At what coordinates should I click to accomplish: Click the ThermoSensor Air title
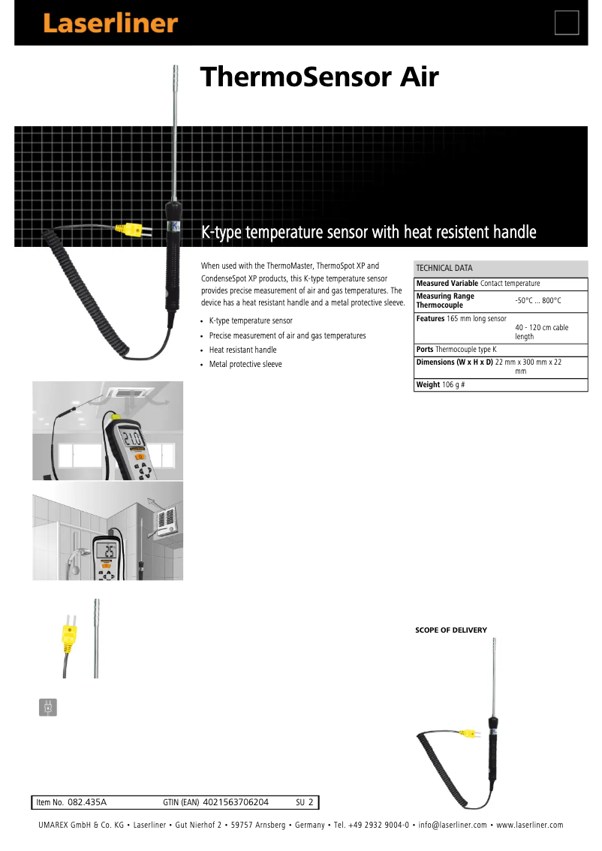pyautogui.click(x=318, y=77)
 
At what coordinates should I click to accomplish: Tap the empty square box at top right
pyautogui.click(x=567, y=23)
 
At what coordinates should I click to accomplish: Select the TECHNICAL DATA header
pyautogui.click(x=444, y=268)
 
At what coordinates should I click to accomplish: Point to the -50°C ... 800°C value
pyautogui.click(x=538, y=300)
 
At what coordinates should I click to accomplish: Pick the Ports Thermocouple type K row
pyautogui.click(x=456, y=350)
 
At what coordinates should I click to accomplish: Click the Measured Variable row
pyautogui.click(x=478, y=283)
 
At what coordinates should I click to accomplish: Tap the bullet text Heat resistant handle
pyautogui.click(x=242, y=350)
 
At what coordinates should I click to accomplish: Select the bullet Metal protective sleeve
pyautogui.click(x=245, y=364)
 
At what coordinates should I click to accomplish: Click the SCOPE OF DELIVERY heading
pyautogui.click(x=451, y=630)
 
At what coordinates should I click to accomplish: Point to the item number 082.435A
pyautogui.click(x=87, y=802)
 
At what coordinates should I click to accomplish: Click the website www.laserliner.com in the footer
pyautogui.click(x=529, y=825)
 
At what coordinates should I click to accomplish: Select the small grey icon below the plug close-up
pyautogui.click(x=47, y=707)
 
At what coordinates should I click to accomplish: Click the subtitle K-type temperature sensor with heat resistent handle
pyautogui.click(x=369, y=232)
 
